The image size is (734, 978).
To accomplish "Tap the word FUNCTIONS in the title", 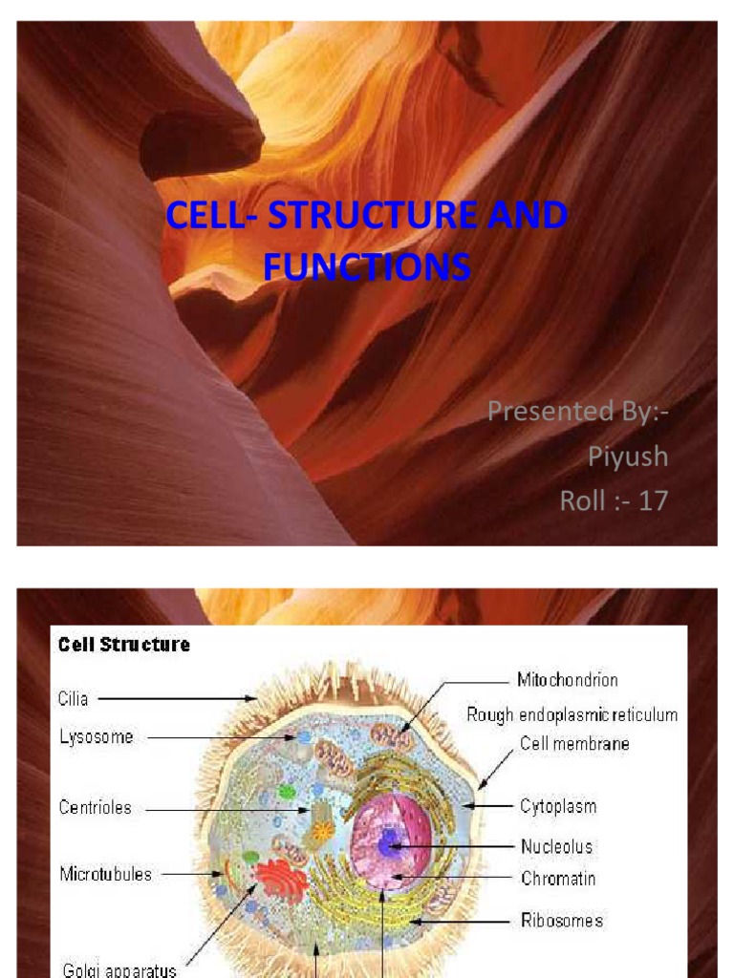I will [x=367, y=266].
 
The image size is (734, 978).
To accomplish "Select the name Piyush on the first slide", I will [x=627, y=457].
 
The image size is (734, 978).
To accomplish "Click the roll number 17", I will [x=654, y=500].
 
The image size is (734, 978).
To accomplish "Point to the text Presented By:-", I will [x=577, y=412].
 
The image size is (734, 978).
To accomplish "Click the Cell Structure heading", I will [x=124, y=645].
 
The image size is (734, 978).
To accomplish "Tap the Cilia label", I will [x=74, y=699].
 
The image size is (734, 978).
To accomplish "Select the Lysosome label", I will [x=96, y=737].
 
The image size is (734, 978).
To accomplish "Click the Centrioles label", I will [x=96, y=808].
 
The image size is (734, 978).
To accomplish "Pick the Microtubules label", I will [x=105, y=874].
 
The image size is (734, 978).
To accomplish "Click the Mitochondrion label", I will [x=568, y=680].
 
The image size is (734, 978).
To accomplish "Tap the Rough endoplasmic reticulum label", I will [x=572, y=714].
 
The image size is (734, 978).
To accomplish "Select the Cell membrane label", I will [x=574, y=743].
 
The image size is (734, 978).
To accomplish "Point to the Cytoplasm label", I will [x=558, y=806].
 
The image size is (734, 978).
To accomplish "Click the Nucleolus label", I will [x=556, y=846].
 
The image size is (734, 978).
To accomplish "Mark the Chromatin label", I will [x=558, y=878].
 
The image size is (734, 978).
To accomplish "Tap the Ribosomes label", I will [x=562, y=921].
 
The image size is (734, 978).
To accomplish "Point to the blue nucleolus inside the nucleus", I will [x=389, y=843].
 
